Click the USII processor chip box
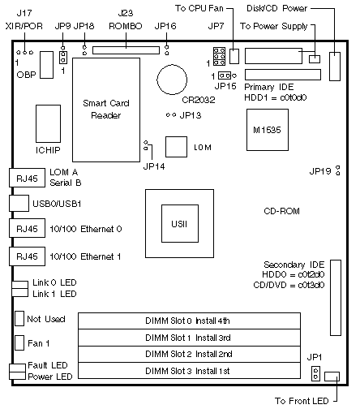click(180, 223)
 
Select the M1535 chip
click(268, 130)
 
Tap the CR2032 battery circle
click(172, 80)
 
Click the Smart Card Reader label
click(106, 110)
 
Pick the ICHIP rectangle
click(48, 123)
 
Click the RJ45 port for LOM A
click(27, 178)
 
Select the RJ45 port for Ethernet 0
click(27, 228)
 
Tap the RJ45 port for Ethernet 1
click(27, 256)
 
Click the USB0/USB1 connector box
click(19, 203)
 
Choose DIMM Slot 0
click(189, 321)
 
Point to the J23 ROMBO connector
click(126, 50)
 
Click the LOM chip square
click(176, 147)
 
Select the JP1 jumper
click(315, 373)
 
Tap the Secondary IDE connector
click(336, 298)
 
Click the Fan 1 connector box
click(19, 343)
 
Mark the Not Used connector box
click(19, 318)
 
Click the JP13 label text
click(191, 115)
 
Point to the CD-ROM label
click(281, 211)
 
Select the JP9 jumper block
click(63, 57)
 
